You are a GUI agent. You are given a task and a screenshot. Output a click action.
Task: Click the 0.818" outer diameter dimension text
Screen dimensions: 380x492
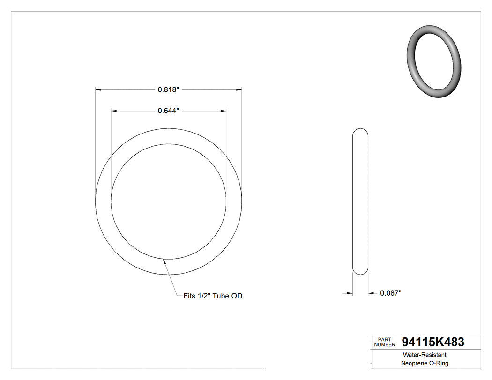coord(169,89)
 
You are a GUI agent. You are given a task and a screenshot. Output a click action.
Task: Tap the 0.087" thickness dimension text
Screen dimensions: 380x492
coord(391,293)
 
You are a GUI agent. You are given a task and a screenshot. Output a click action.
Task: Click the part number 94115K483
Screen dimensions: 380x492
coord(433,343)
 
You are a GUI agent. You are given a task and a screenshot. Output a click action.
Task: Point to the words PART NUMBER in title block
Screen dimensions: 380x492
coord(385,342)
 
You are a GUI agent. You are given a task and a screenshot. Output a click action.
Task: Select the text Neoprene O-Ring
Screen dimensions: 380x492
coord(425,364)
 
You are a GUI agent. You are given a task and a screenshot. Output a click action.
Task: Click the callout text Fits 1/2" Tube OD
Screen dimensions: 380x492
coord(213,296)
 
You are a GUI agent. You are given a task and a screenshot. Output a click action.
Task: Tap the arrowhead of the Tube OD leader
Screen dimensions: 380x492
coord(164,262)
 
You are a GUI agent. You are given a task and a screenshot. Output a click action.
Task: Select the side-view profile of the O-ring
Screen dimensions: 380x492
coord(360,201)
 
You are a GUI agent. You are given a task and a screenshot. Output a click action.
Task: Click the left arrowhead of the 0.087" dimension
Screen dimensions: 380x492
coord(350,293)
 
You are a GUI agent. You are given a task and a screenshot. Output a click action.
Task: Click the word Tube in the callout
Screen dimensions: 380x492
coord(222,296)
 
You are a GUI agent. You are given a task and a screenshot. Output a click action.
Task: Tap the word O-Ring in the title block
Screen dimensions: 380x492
coord(438,364)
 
